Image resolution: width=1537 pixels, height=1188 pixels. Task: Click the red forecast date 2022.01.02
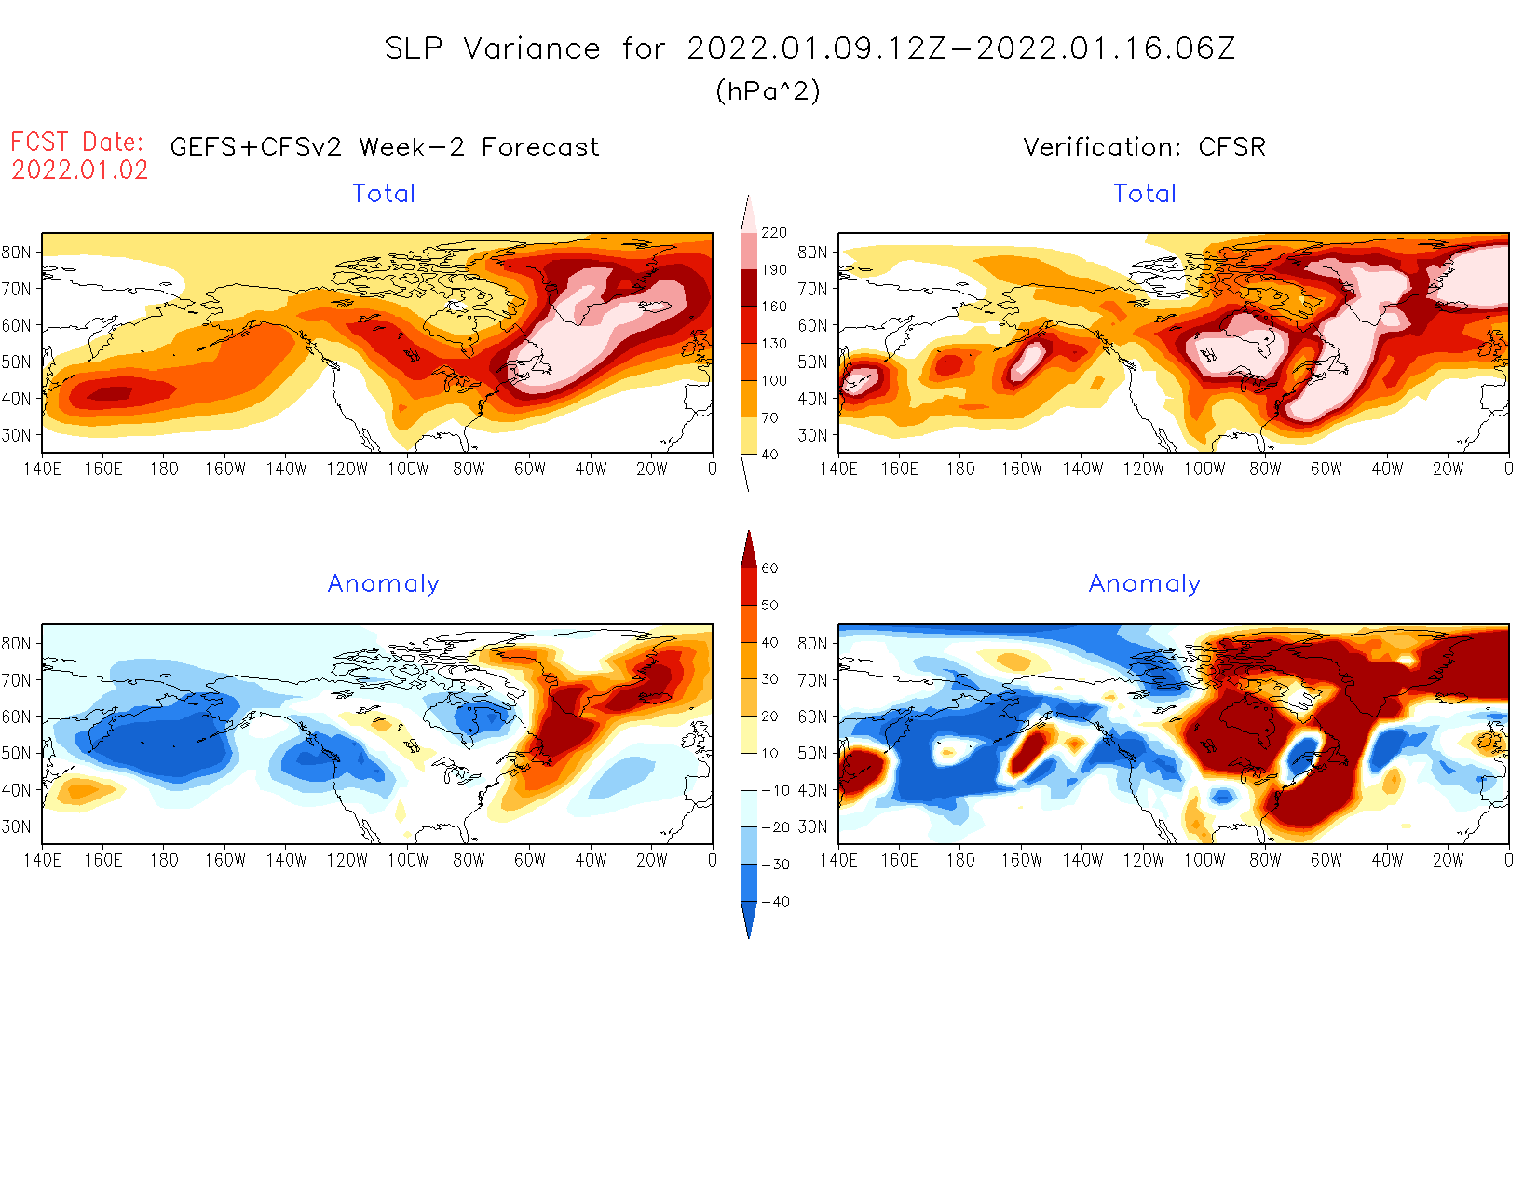pyautogui.click(x=80, y=171)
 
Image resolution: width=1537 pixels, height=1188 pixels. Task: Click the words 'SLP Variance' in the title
pyautogui.click(x=493, y=48)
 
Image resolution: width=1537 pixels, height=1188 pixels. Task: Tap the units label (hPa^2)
pyautogui.click(x=768, y=91)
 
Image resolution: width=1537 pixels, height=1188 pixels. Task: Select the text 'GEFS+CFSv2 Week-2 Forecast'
pyautogui.click(x=385, y=147)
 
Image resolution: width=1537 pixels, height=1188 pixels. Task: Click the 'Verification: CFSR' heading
pyautogui.click(x=1144, y=147)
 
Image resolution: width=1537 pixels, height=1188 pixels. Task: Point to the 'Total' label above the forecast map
pyautogui.click(x=384, y=194)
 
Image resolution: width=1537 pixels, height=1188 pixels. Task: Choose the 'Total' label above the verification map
pyautogui.click(x=1145, y=194)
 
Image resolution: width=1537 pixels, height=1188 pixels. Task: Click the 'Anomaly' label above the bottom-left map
pyautogui.click(x=383, y=584)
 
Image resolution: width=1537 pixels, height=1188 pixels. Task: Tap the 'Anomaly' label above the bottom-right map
pyautogui.click(x=1145, y=584)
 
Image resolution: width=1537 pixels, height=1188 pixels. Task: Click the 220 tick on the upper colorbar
pyautogui.click(x=773, y=233)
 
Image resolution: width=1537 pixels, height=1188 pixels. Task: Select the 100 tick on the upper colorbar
pyautogui.click(x=773, y=381)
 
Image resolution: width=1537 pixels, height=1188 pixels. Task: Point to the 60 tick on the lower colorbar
pyautogui.click(x=769, y=568)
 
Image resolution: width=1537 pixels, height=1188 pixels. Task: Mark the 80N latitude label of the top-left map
pyautogui.click(x=16, y=253)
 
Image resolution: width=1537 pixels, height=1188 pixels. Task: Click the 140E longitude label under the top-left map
pyautogui.click(x=42, y=470)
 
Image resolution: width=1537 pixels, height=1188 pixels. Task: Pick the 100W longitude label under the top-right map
pyautogui.click(x=1204, y=470)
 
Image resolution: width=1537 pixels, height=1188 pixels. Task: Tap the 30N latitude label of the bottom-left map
pyautogui.click(x=16, y=826)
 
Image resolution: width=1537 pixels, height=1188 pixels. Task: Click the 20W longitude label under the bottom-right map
pyautogui.click(x=1448, y=861)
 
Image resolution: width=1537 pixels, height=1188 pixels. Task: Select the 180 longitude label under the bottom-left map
pyautogui.click(x=164, y=861)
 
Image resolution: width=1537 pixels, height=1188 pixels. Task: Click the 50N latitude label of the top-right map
pyautogui.click(x=812, y=362)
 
